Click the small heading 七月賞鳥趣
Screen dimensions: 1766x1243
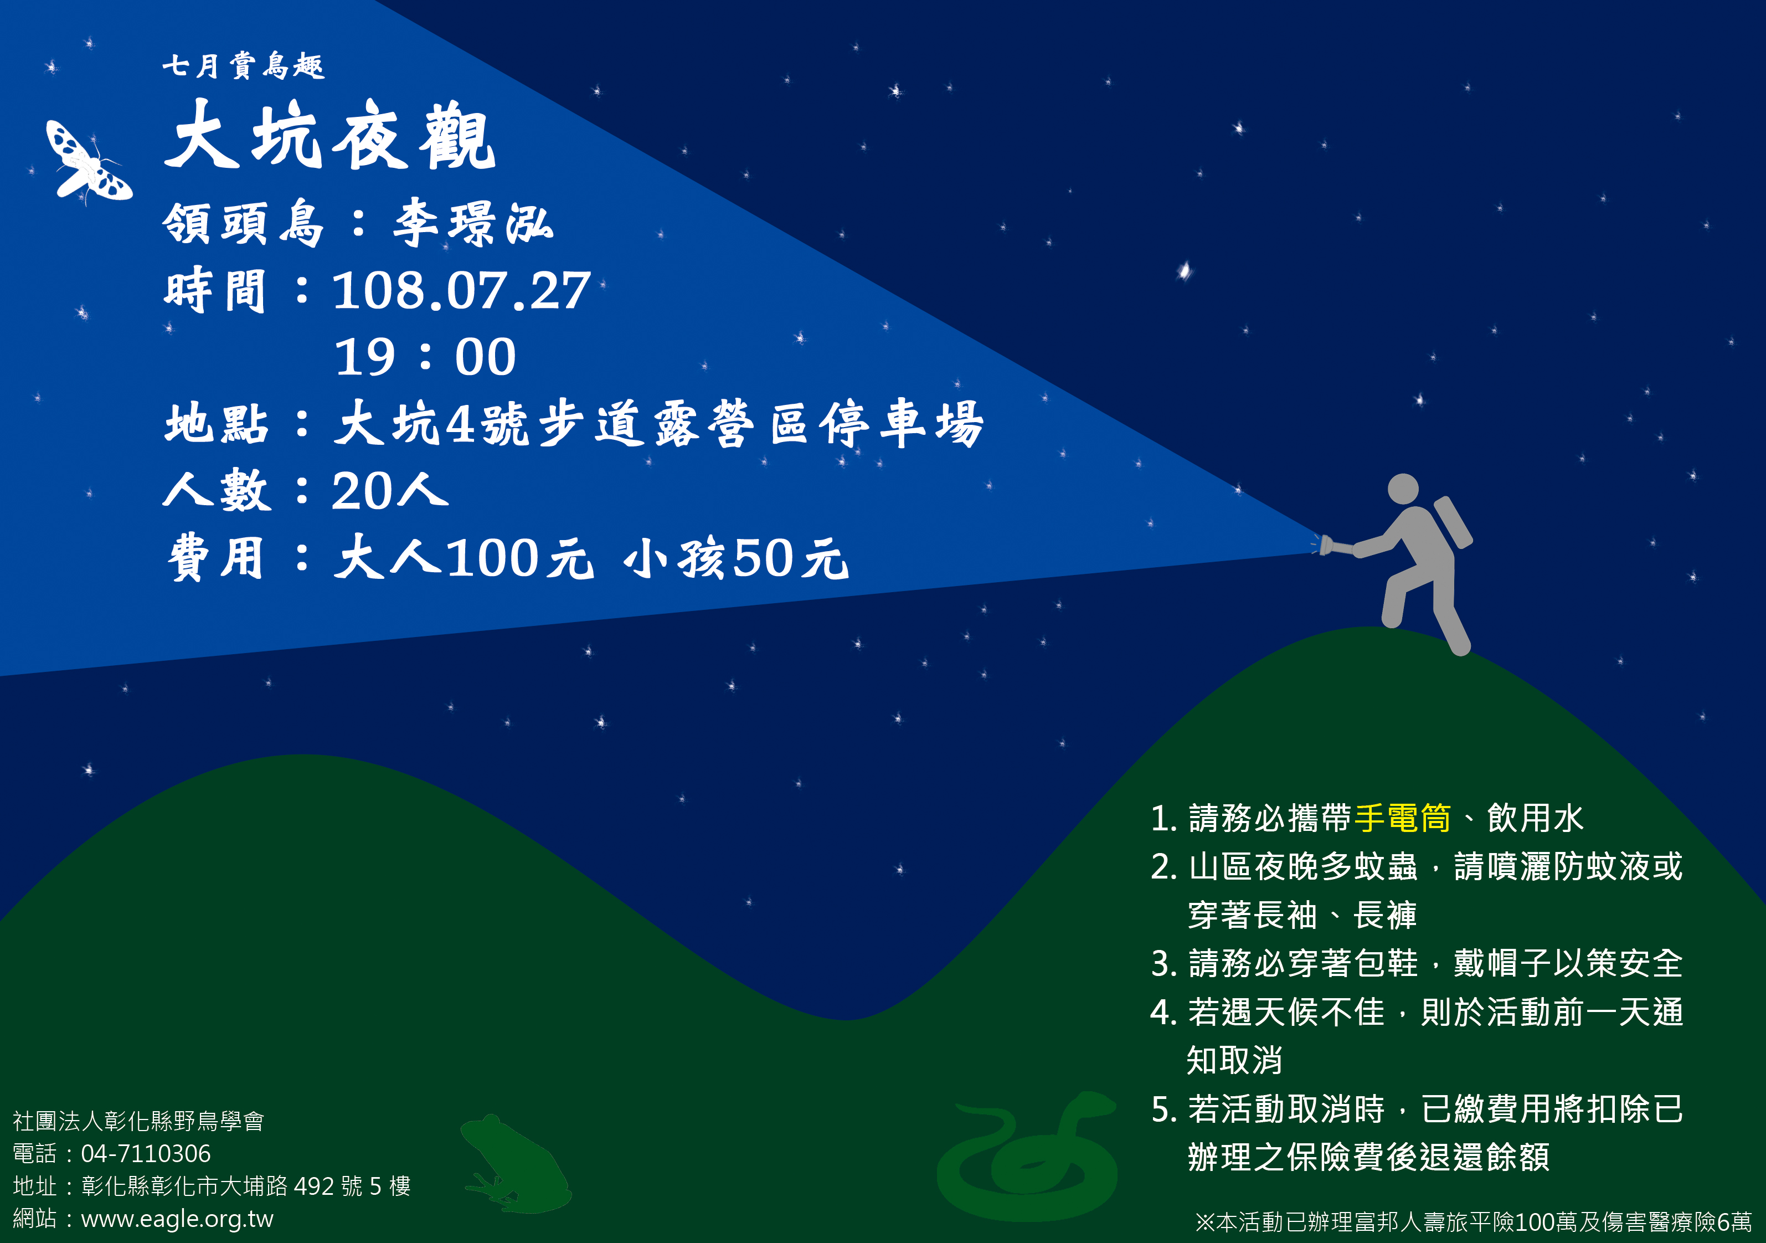(243, 65)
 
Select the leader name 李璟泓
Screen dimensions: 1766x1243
(472, 223)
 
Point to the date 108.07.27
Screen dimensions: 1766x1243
(461, 291)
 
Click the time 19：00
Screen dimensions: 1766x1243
(425, 357)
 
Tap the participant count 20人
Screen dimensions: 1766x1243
(390, 490)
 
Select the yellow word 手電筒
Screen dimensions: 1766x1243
(1403, 818)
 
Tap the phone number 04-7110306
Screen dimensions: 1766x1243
(146, 1154)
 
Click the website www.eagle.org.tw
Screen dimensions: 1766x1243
(177, 1219)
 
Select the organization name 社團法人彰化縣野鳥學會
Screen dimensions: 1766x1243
(138, 1121)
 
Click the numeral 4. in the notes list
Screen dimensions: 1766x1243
(1163, 1012)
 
